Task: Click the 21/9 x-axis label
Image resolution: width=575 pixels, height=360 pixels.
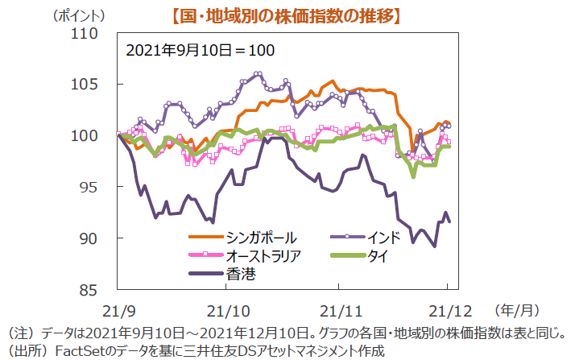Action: click(x=117, y=310)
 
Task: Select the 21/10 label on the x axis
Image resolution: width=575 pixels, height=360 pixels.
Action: click(x=229, y=310)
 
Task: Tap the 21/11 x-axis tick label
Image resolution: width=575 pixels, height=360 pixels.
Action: click(x=338, y=310)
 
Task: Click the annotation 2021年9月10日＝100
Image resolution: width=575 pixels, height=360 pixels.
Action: click(x=201, y=50)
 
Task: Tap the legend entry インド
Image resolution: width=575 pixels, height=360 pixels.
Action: click(x=384, y=238)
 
